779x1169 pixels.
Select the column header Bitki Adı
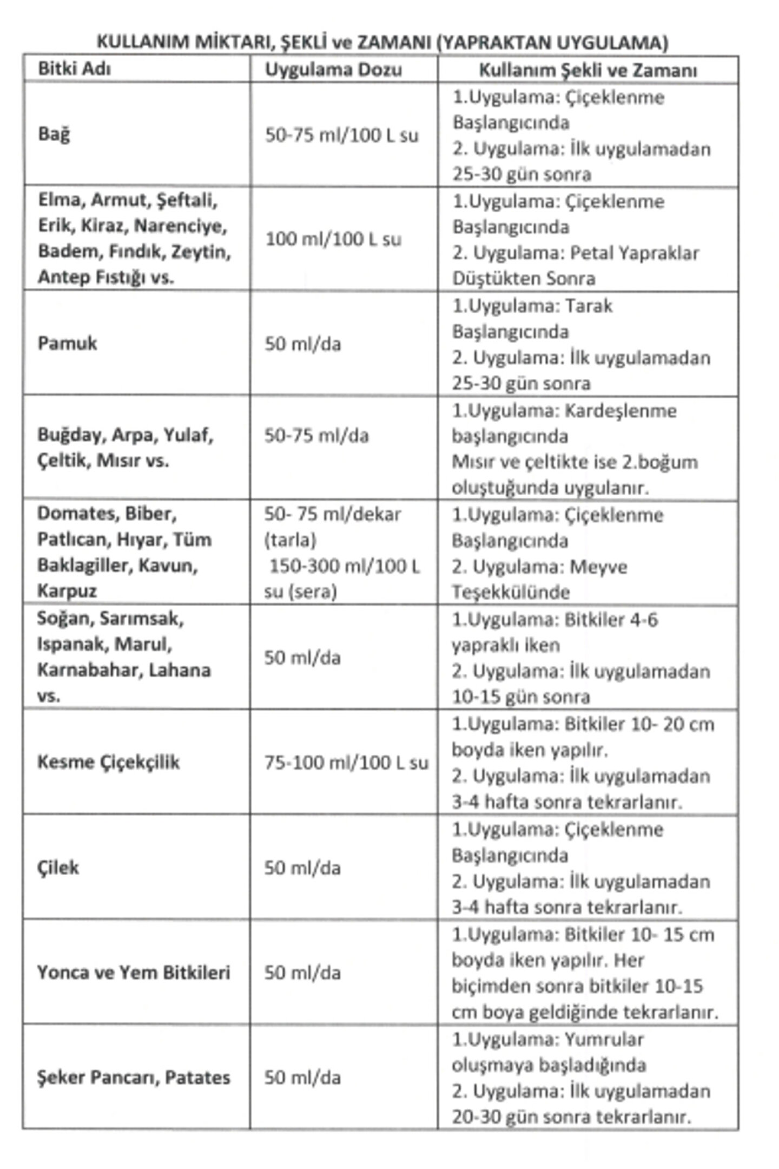(74, 69)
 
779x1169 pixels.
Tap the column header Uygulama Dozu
(333, 70)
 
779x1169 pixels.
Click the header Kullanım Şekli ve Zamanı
(588, 70)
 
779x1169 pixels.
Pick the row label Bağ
(54, 134)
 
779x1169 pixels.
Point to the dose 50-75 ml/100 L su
(341, 135)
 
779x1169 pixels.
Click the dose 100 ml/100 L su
(333, 239)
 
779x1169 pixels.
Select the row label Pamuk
(67, 343)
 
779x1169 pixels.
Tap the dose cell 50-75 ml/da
(316, 436)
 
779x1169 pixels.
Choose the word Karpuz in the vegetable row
(67, 590)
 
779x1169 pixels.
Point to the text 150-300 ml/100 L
(344, 566)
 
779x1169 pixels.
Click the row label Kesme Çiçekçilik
(108, 762)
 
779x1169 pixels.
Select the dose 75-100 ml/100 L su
(346, 763)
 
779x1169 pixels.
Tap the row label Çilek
(58, 868)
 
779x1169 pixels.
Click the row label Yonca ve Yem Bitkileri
(134, 973)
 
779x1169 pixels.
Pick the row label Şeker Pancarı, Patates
(134, 1078)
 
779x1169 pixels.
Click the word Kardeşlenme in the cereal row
(620, 411)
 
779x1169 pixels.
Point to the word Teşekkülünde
(511, 592)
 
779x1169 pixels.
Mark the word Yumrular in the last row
(604, 1040)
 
